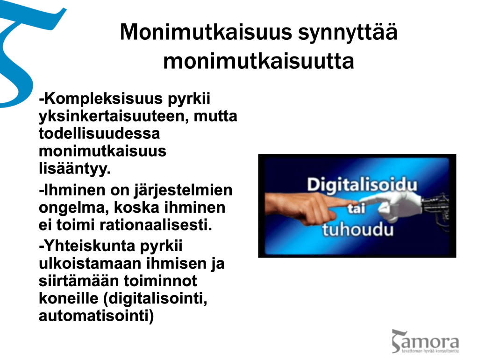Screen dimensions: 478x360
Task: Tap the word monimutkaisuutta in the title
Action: pyautogui.click(x=258, y=61)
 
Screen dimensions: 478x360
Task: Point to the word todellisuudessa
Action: pyautogui.click(x=100, y=133)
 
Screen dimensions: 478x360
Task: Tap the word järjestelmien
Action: pyautogui.click(x=183, y=191)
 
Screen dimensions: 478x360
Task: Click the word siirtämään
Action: pyautogui.click(x=78, y=281)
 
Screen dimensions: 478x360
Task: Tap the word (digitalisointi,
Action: pyautogui.click(x=156, y=299)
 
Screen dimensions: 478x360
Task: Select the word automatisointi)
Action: pyautogui.click(x=96, y=316)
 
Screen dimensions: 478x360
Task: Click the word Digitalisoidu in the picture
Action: pyautogui.click(x=362, y=185)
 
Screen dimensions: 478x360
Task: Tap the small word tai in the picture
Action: pyautogui.click(x=357, y=209)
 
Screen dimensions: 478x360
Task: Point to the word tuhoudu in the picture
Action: pyautogui.click(x=358, y=229)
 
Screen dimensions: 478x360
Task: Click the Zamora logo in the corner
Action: pyautogui.click(x=425, y=341)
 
